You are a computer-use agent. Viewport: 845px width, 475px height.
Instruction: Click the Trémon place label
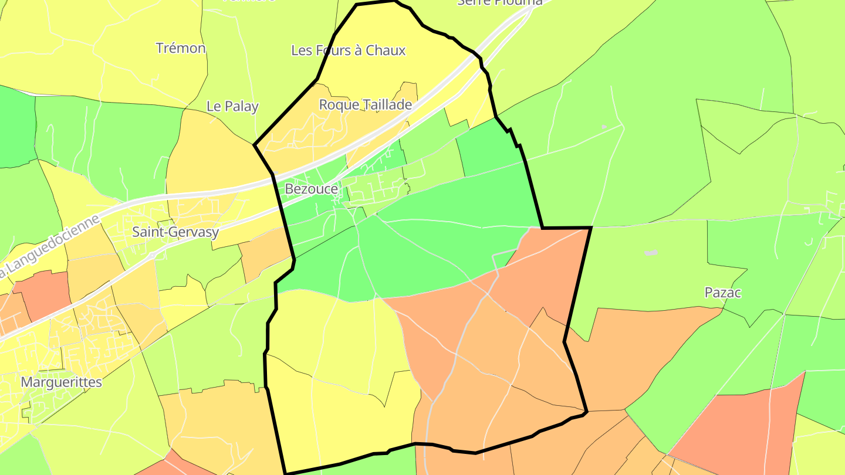click(181, 48)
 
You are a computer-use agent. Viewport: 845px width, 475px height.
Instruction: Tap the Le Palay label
click(232, 106)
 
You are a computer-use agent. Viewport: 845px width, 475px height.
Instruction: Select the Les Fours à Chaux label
click(348, 50)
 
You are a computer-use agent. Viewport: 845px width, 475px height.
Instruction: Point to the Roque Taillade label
click(365, 104)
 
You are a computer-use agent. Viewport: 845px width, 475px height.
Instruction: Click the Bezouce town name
click(311, 189)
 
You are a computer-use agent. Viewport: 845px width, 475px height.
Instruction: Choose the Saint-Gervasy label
click(175, 232)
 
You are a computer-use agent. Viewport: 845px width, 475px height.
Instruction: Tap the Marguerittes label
click(61, 382)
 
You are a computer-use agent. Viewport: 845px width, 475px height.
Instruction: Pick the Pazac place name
click(723, 293)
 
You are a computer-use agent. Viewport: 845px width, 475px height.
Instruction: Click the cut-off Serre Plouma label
click(499, 3)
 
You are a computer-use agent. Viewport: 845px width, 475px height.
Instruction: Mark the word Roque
click(337, 104)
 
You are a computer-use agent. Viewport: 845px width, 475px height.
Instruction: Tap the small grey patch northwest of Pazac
click(651, 253)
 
